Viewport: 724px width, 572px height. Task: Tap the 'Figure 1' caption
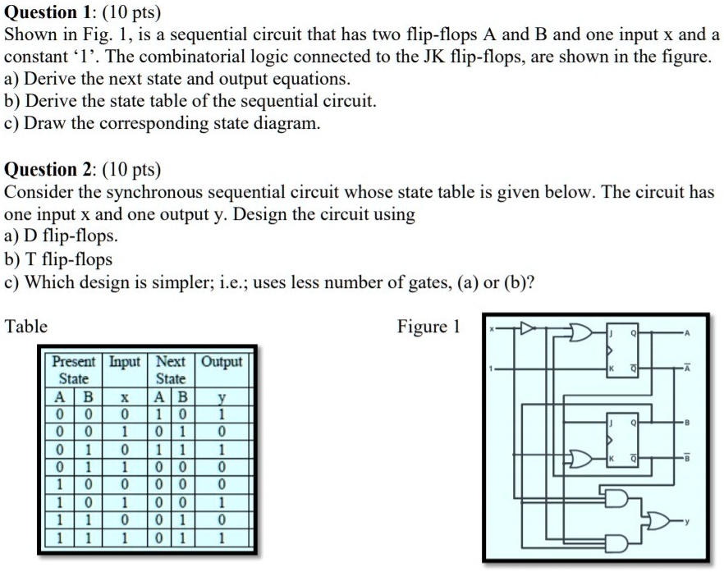[428, 327]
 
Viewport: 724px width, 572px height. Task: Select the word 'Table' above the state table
[26, 327]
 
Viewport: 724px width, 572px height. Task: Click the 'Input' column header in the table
[125, 362]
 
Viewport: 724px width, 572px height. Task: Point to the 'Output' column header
[222, 362]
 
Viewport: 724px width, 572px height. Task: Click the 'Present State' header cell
[74, 370]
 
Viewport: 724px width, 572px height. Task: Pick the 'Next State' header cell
[171, 370]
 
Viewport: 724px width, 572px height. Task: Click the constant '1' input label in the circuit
[493, 368]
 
